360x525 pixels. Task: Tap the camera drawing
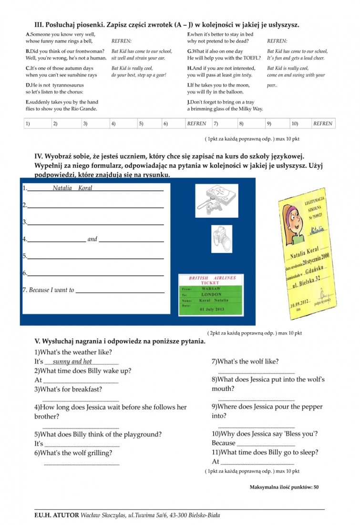221,236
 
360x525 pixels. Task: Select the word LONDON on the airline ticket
211,295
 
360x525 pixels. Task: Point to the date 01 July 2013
212,309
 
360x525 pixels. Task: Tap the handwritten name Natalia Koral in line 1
72,188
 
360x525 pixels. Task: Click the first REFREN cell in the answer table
197,124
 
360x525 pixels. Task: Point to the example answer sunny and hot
72,362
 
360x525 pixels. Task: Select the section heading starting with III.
167,24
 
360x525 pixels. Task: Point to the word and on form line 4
93,239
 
